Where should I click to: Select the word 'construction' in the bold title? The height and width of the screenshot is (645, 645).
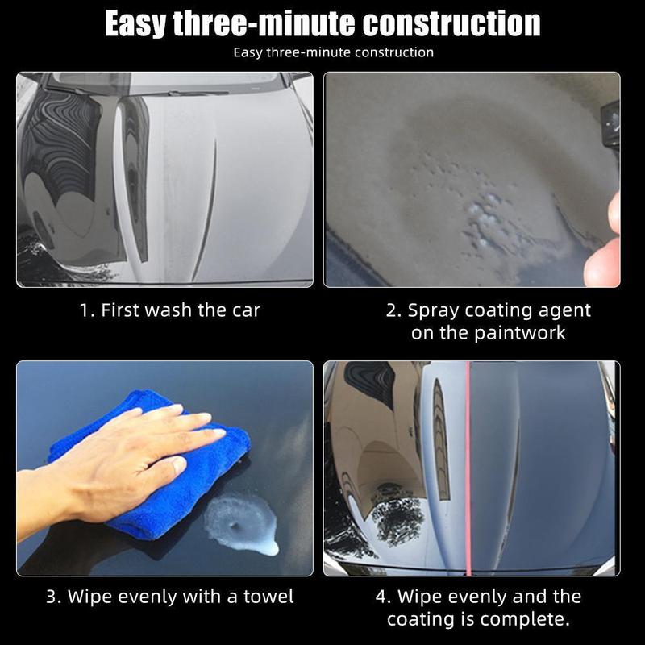451,24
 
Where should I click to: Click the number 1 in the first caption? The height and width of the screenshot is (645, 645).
85,310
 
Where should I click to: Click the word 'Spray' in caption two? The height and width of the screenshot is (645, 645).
435,310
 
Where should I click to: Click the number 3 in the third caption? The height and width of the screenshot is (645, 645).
52,597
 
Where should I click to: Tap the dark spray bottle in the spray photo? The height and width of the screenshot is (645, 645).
610,121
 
